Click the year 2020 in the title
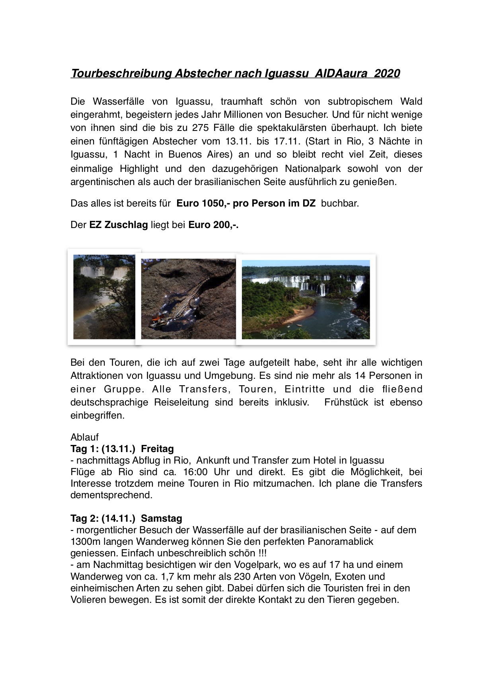click(387, 74)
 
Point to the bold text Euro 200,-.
click(213, 225)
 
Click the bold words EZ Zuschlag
click(119, 225)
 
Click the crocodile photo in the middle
click(188, 298)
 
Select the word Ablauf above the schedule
click(84, 437)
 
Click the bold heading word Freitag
click(157, 449)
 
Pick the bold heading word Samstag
click(162, 519)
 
